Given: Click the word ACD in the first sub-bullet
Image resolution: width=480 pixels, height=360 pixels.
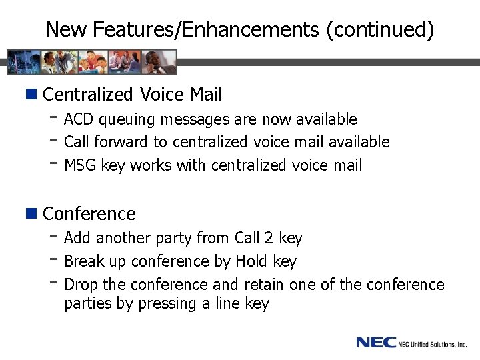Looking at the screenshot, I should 79,119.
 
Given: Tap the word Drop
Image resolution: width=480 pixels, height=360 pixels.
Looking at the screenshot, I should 81,285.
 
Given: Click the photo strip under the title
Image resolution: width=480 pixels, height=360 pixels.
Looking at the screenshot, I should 93,62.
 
